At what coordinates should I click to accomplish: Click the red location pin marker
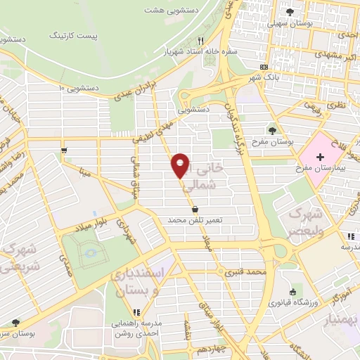tap(181, 165)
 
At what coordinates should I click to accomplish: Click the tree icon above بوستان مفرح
tap(273, 130)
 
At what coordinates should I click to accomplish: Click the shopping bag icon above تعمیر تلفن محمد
tap(195, 209)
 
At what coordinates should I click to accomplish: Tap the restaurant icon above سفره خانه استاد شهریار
tap(202, 41)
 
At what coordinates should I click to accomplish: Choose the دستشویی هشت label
tap(171, 11)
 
